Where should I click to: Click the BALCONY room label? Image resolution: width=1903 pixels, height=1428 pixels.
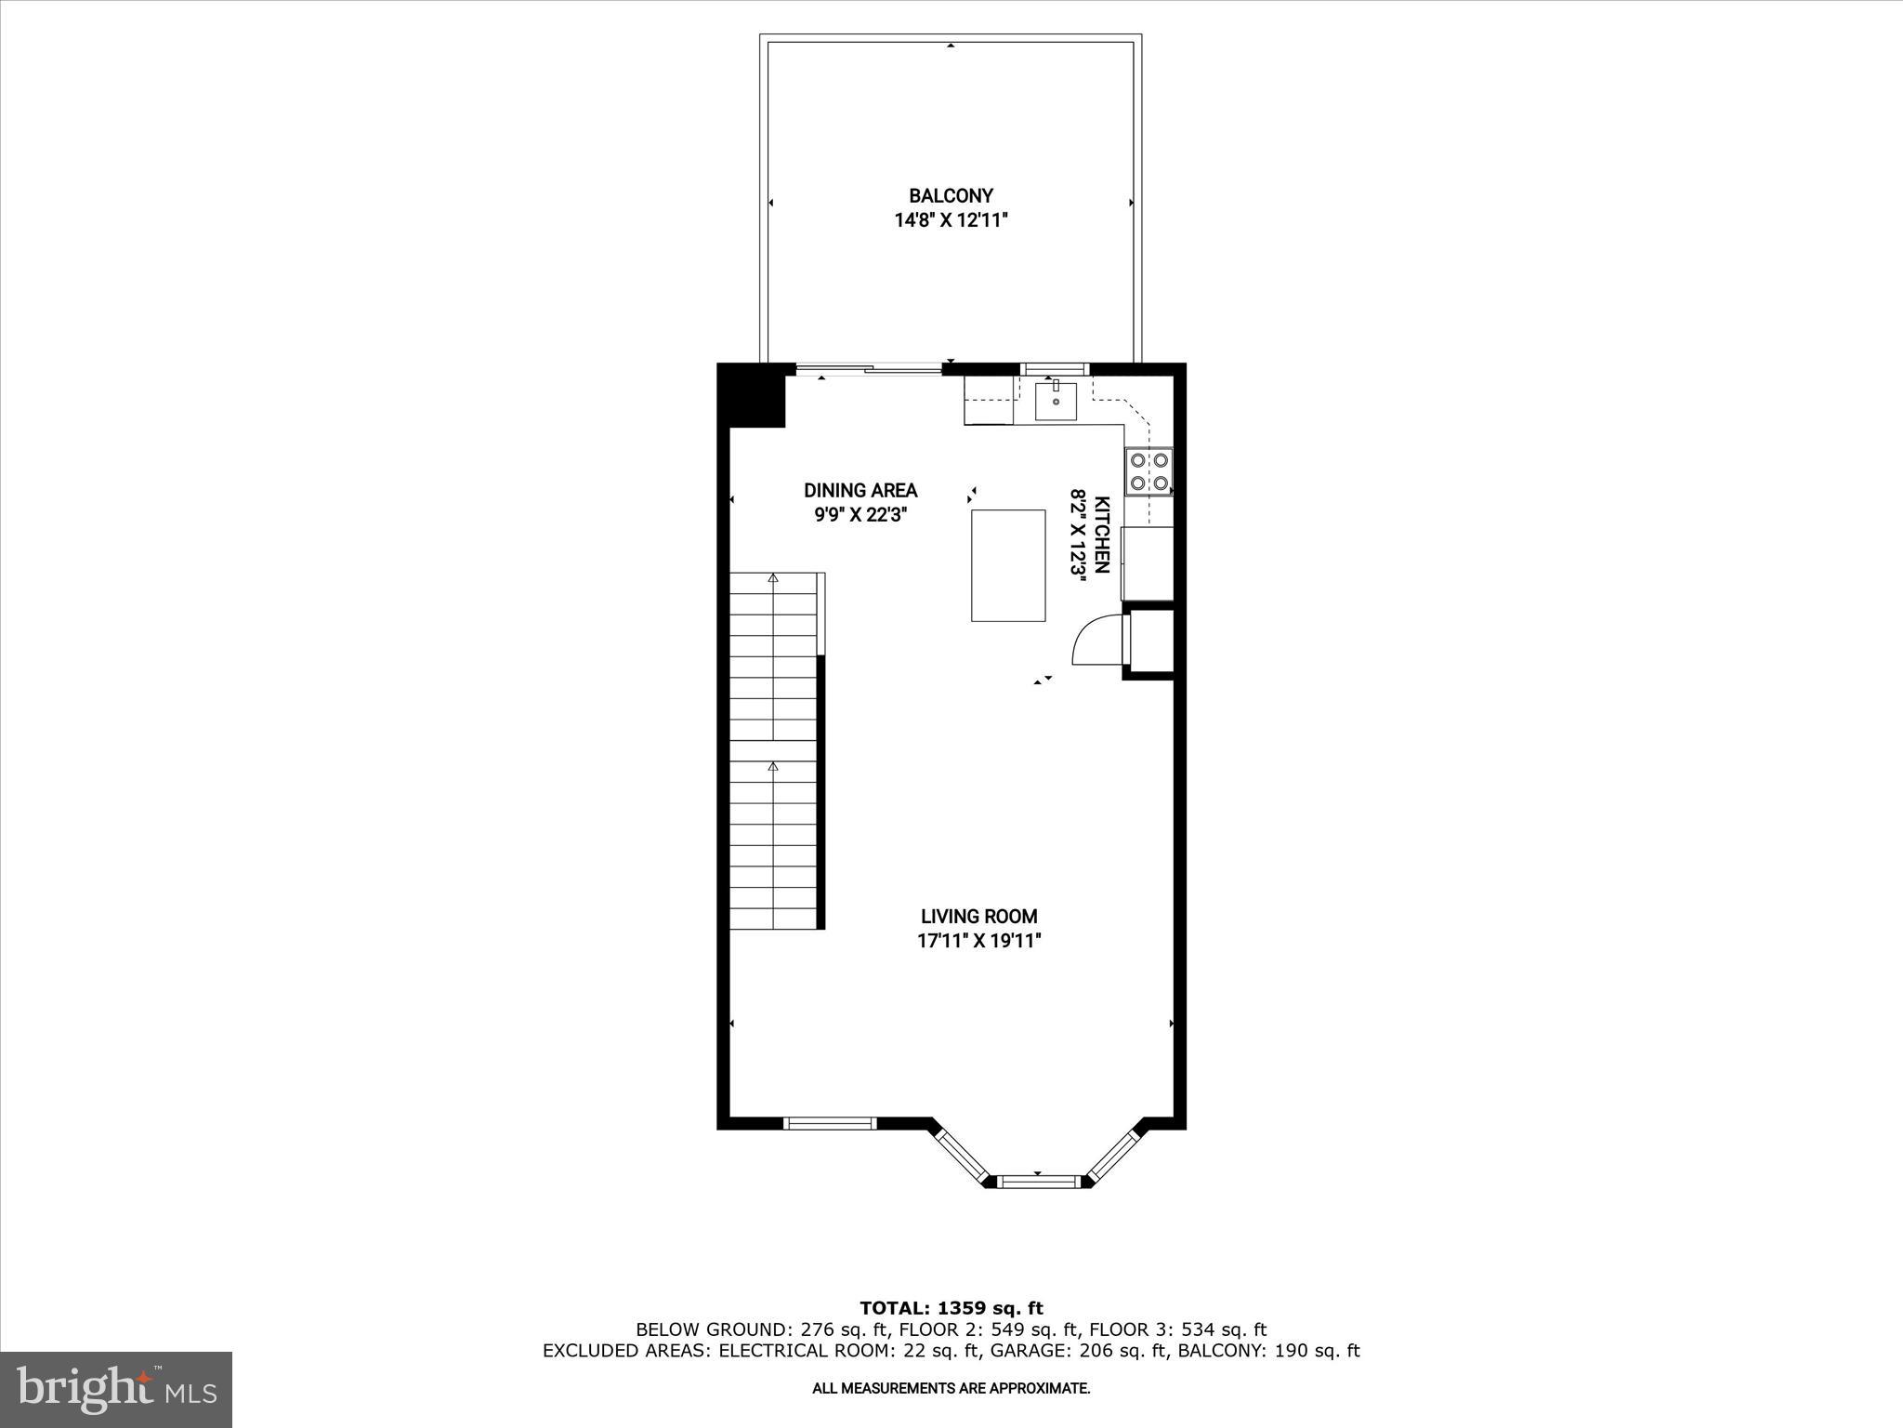(951, 196)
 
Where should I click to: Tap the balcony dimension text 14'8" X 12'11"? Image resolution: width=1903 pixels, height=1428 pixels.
(951, 221)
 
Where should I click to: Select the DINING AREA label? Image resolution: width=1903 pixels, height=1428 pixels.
(860, 490)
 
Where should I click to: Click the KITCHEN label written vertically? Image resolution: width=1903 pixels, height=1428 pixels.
(1102, 535)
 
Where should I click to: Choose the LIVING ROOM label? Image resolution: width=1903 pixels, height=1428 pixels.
(978, 917)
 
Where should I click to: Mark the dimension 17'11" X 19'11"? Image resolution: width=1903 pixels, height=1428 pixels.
(978, 942)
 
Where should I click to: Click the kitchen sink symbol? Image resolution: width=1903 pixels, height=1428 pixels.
(1056, 401)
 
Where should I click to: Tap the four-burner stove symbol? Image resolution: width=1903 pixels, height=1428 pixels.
(1148, 471)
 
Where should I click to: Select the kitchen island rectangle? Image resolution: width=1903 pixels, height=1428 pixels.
(1008, 565)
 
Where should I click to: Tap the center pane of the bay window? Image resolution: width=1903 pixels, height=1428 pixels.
(1037, 1182)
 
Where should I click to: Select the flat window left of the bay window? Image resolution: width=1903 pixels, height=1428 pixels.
(830, 1123)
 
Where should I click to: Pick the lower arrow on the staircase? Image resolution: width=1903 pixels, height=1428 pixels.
(773, 768)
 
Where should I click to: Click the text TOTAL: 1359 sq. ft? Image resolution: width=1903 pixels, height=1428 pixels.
(951, 1309)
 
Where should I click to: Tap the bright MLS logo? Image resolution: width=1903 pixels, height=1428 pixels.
(116, 1389)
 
